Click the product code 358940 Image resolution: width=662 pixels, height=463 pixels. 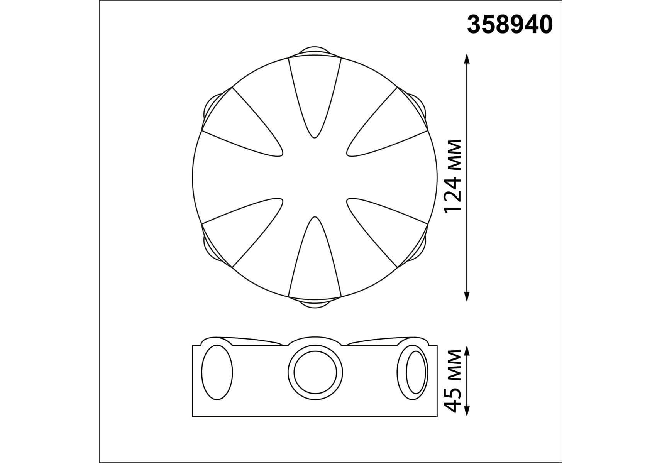pyautogui.click(x=510, y=25)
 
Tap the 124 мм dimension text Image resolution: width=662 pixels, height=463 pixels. pyautogui.click(x=452, y=176)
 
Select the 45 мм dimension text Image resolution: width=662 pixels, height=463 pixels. pyautogui.click(x=452, y=381)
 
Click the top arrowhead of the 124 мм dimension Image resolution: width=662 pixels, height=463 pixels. pyautogui.click(x=467, y=59)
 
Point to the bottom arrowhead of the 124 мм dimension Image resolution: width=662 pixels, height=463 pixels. pyautogui.click(x=467, y=296)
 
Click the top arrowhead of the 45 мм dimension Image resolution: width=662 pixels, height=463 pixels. pyautogui.click(x=467, y=351)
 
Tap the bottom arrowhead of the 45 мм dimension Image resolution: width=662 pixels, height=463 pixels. pyautogui.click(x=467, y=411)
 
